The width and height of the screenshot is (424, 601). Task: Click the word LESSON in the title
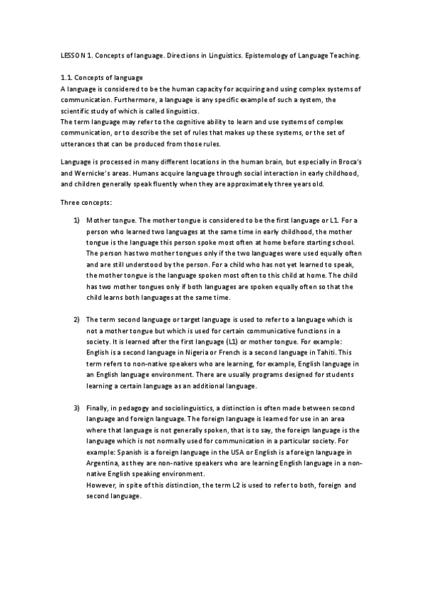71,55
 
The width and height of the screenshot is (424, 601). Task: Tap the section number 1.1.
65,77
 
